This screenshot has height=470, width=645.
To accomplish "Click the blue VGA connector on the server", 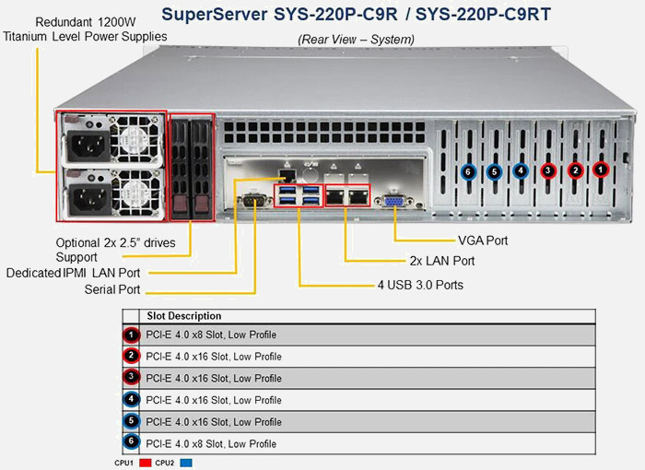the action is click(x=393, y=202).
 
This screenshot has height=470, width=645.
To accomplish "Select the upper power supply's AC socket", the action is click(x=88, y=146).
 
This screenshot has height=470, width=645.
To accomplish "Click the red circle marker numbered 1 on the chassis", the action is click(x=601, y=170).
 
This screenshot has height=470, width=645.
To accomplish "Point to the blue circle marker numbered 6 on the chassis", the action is click(x=468, y=171).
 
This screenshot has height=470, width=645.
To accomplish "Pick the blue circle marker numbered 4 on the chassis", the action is click(x=521, y=170).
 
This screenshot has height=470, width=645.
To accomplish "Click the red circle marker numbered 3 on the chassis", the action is click(x=548, y=170).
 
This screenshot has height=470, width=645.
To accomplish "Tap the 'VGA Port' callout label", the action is click(x=483, y=241).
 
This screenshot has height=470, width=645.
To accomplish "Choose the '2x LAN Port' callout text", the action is click(x=442, y=261).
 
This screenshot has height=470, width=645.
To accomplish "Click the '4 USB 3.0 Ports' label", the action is click(x=420, y=285).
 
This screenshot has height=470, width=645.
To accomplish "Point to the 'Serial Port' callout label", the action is click(x=112, y=289).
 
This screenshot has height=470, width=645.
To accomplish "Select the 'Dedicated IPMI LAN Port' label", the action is click(x=73, y=273).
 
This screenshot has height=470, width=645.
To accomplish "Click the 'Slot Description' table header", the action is click(x=184, y=316).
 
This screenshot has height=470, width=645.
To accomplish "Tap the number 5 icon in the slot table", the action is click(x=131, y=421).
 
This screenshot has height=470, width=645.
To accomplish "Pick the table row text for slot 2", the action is click(x=214, y=357).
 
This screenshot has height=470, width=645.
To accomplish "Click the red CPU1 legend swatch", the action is click(x=146, y=463).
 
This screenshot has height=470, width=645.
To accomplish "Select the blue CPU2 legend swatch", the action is click(x=186, y=463).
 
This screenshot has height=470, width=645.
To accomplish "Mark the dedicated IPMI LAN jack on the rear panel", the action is click(x=287, y=174).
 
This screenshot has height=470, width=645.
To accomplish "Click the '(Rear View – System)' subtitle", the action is click(x=356, y=40).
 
